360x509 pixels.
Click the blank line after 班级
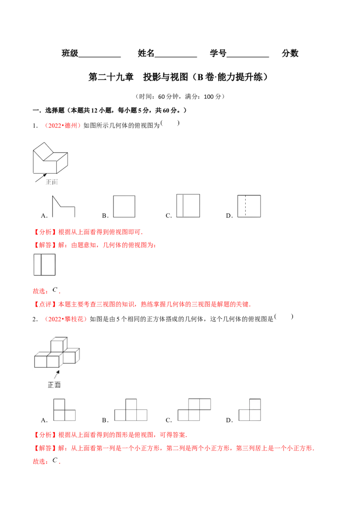(99, 57)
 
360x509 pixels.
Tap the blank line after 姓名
(176, 57)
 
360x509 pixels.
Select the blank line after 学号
(248, 57)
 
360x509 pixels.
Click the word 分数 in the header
(290, 53)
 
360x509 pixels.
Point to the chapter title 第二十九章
(111, 77)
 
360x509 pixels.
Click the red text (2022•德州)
(63, 125)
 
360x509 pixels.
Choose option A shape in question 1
(64, 206)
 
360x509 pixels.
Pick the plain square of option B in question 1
(124, 206)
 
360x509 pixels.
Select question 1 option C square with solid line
(188, 205)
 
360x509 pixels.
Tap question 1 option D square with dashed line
(249, 206)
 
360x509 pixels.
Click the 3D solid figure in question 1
(50, 158)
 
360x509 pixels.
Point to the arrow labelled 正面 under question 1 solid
(41, 178)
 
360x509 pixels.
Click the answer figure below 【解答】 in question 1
(45, 265)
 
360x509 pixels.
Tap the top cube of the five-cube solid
(59, 344)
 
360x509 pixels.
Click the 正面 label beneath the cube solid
(54, 385)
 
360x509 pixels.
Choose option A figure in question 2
(64, 410)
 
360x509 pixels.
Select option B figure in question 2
(131, 410)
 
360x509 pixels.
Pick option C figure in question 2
(194, 410)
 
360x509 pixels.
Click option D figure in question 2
(250, 410)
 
